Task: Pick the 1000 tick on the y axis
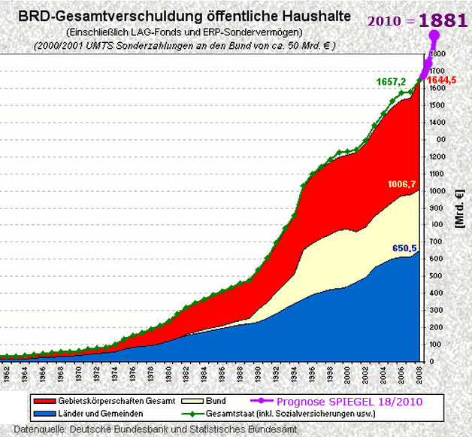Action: tap(438, 191)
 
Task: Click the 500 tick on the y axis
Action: tap(436, 276)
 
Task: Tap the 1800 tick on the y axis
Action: tap(438, 54)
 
